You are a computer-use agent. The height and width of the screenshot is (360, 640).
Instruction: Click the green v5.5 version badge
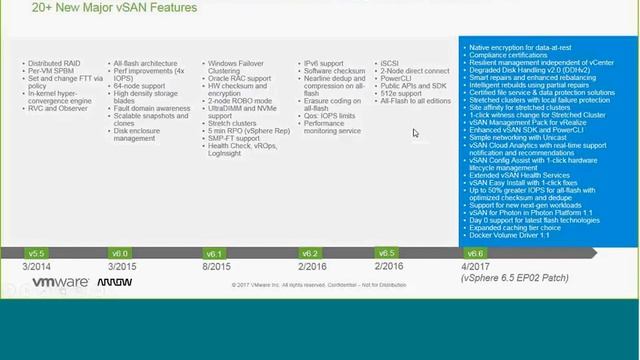click(37, 253)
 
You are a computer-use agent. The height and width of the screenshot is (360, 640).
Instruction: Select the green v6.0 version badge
click(120, 253)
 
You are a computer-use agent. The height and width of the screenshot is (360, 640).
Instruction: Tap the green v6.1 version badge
click(214, 253)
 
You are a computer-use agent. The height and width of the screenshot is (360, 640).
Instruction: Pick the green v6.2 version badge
click(310, 253)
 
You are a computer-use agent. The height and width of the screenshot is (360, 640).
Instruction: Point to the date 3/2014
click(37, 267)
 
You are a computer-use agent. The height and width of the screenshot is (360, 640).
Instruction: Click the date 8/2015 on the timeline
click(218, 267)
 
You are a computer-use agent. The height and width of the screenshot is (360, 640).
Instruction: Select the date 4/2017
click(475, 267)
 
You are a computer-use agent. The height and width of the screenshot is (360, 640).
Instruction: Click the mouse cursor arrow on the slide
click(416, 132)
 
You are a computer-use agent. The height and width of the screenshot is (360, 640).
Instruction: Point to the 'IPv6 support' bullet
click(323, 62)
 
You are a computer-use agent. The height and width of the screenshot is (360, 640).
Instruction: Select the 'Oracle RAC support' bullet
click(239, 79)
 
